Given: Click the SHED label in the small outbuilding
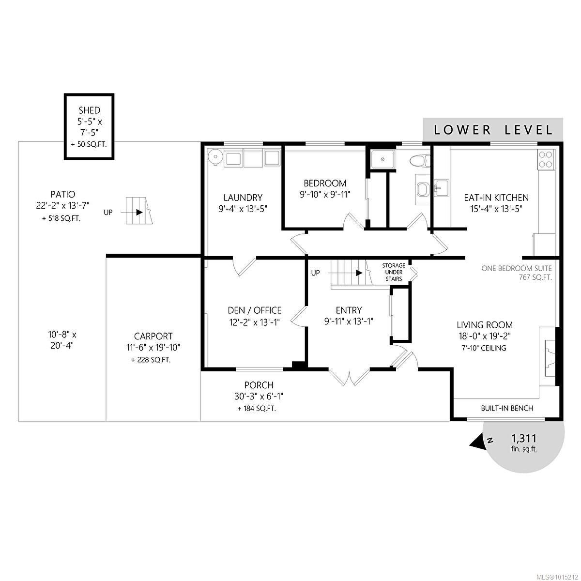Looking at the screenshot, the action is (89, 110).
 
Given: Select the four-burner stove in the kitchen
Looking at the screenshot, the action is (546, 159).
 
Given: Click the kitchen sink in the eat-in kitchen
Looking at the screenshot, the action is (442, 188).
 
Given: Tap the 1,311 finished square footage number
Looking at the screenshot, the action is (524, 438).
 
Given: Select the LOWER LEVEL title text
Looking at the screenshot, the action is (493, 130).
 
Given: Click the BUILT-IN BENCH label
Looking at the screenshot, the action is (507, 408).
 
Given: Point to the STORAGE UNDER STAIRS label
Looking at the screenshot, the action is (394, 272).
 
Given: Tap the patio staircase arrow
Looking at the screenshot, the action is (132, 212).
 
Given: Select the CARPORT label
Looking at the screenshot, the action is (153, 336).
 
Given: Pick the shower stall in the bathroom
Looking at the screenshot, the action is (382, 159).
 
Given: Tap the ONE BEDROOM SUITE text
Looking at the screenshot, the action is (517, 268).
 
